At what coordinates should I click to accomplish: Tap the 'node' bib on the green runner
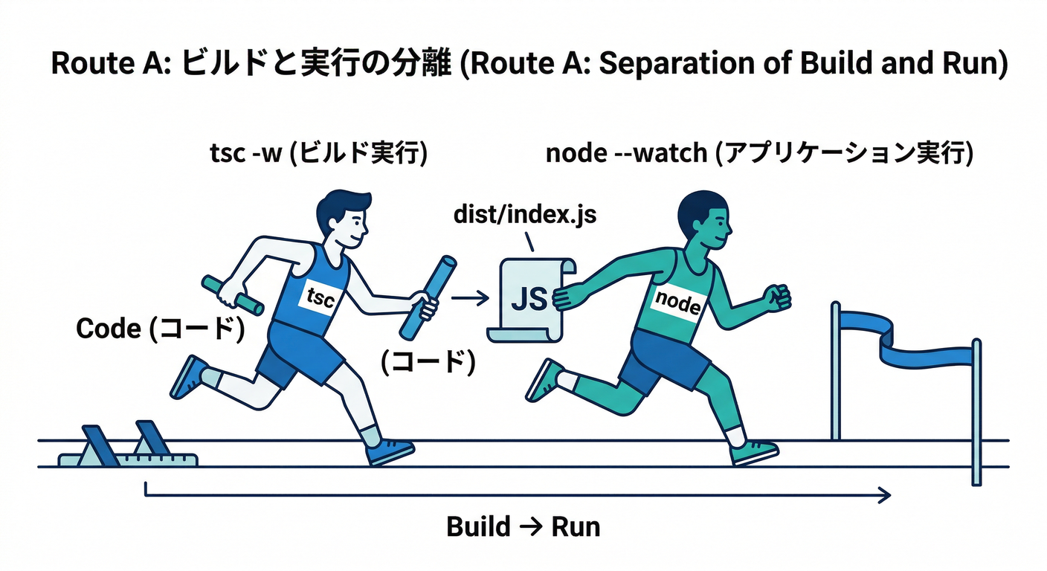[x=677, y=301]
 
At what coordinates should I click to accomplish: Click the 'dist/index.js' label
[x=525, y=216]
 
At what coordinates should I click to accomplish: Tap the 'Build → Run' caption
[x=523, y=527]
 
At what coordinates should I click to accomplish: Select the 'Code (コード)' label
[x=161, y=329]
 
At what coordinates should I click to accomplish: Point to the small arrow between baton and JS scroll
[x=470, y=298]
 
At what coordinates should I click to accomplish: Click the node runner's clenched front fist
[x=778, y=297]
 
